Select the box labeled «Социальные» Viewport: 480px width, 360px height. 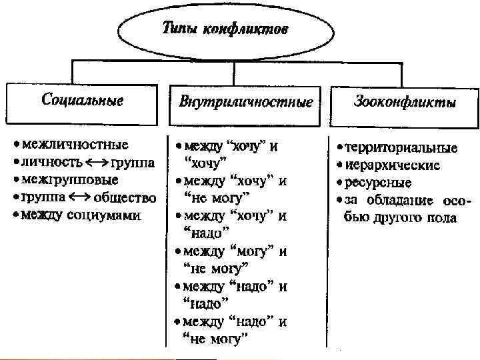coord(83,102)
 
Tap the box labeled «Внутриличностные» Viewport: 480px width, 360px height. coord(246,104)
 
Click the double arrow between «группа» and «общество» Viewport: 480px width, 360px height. coord(79,198)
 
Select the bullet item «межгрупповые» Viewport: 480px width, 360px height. coord(70,180)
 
